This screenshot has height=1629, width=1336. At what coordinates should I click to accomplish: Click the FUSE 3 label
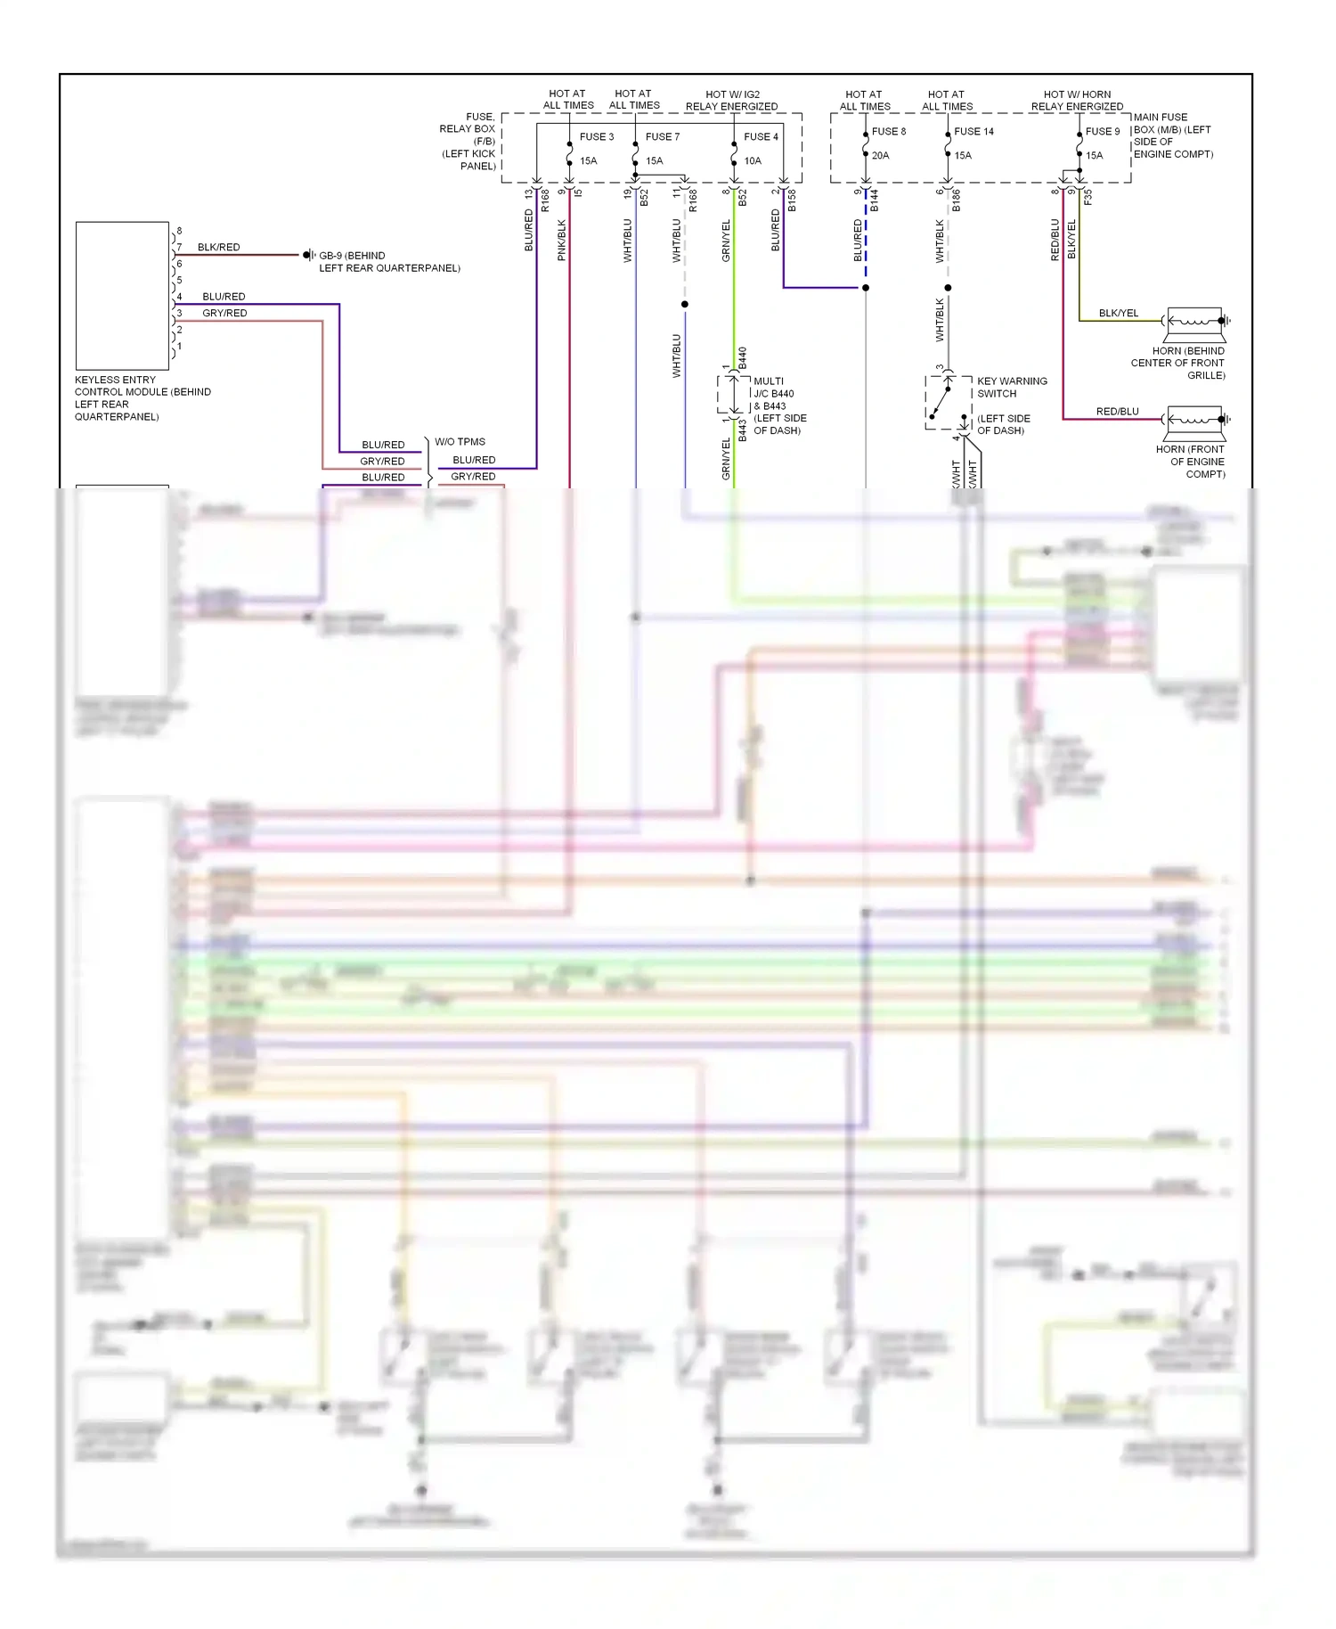[x=596, y=136]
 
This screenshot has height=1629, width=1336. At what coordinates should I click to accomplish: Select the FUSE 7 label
[x=662, y=136]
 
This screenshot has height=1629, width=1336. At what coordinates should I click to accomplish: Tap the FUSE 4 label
[x=761, y=136]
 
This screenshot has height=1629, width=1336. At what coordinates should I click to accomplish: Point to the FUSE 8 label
[x=888, y=131]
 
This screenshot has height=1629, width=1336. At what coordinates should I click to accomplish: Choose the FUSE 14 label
[x=973, y=131]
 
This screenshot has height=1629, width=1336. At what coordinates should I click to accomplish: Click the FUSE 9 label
[x=1102, y=131]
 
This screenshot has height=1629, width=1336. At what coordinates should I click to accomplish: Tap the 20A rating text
[x=880, y=155]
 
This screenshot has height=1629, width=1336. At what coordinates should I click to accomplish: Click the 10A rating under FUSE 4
[x=753, y=161]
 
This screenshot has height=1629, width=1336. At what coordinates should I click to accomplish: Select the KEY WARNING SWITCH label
[x=1012, y=387]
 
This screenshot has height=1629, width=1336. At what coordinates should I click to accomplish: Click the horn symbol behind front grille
[x=1195, y=321]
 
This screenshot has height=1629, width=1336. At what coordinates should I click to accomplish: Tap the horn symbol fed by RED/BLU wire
[x=1195, y=419]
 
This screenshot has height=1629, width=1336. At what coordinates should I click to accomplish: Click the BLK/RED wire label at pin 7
[x=218, y=247]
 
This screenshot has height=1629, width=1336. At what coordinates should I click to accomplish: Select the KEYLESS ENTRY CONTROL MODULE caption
[x=143, y=397]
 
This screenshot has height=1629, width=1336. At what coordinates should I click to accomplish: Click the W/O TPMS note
[x=460, y=442]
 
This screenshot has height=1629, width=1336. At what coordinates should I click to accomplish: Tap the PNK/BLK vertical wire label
[x=562, y=240]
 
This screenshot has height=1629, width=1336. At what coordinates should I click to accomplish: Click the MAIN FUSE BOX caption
[x=1172, y=135]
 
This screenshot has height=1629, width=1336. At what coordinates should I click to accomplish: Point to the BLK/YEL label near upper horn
[x=1118, y=313]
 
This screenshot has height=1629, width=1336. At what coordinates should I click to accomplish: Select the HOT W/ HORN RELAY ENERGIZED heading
[x=1077, y=100]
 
